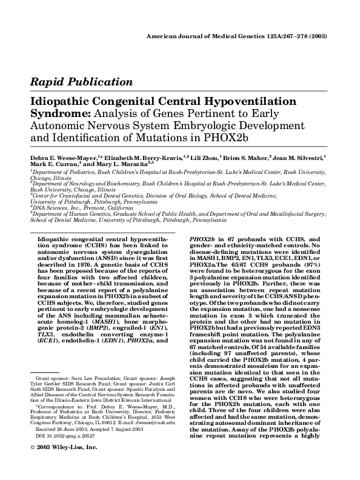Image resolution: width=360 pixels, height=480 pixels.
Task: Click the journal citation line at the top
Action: click(237, 36)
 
